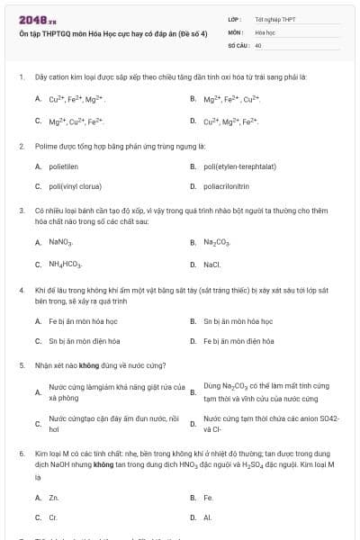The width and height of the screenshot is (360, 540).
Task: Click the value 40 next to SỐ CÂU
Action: pos(258,44)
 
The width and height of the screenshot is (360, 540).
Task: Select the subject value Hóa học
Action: pos(265,31)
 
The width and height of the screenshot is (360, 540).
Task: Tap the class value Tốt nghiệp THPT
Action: pos(275,19)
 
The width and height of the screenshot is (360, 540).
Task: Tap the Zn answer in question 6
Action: pos(54,496)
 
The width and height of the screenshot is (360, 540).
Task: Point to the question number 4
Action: pos(21,291)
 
